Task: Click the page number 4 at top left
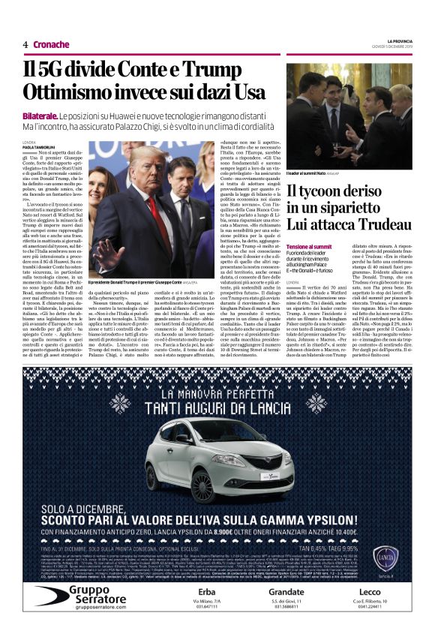pos(25,44)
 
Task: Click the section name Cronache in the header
pos(51,44)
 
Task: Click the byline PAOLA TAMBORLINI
pos(40,146)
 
